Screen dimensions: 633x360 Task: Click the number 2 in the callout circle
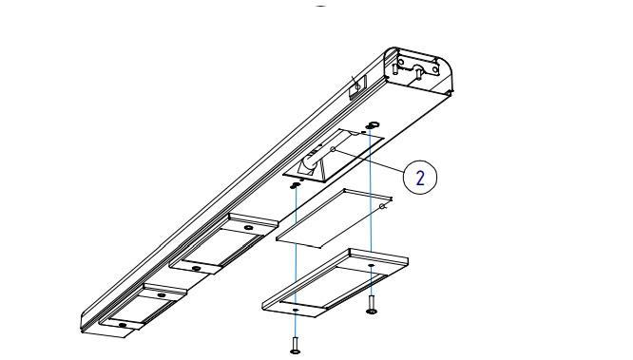tap(420, 178)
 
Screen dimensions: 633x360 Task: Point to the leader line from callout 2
tap(369, 161)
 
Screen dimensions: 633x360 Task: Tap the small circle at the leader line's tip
tap(333, 149)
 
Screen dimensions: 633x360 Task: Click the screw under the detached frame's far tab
tap(371, 304)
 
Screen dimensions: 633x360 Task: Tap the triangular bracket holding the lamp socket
tap(314, 169)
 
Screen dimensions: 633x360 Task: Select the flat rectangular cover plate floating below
tap(334, 218)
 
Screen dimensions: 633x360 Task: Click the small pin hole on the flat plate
tap(381, 206)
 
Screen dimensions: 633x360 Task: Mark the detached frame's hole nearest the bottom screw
tap(296, 310)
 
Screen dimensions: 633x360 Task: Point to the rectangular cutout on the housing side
tap(357, 87)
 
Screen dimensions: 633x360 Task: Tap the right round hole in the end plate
tap(434, 69)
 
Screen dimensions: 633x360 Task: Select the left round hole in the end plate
tap(401, 62)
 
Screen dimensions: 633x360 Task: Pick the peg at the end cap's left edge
tap(394, 68)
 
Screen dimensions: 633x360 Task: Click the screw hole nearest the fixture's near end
tap(123, 325)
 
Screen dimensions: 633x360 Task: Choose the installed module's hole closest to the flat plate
tap(249, 228)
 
